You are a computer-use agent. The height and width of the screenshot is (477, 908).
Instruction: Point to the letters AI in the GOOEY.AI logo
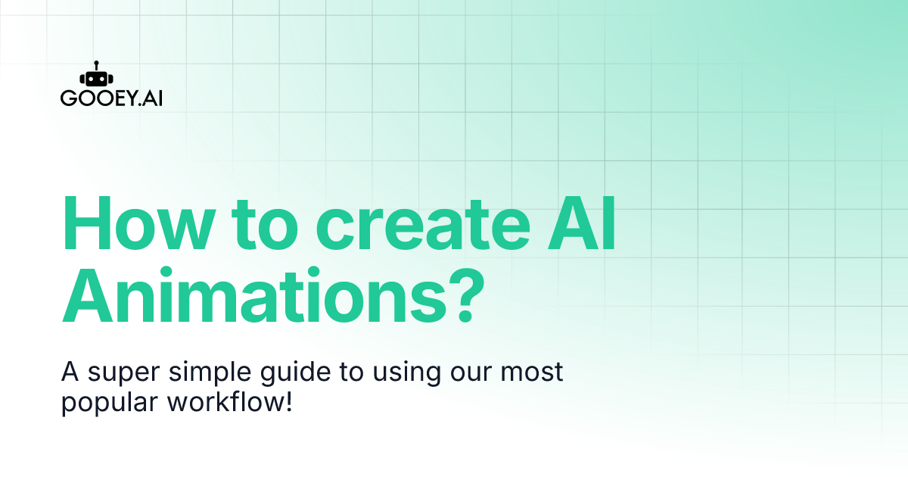pyautogui.click(x=152, y=98)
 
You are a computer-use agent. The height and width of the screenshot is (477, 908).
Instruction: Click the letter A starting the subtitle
pyautogui.click(x=69, y=373)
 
